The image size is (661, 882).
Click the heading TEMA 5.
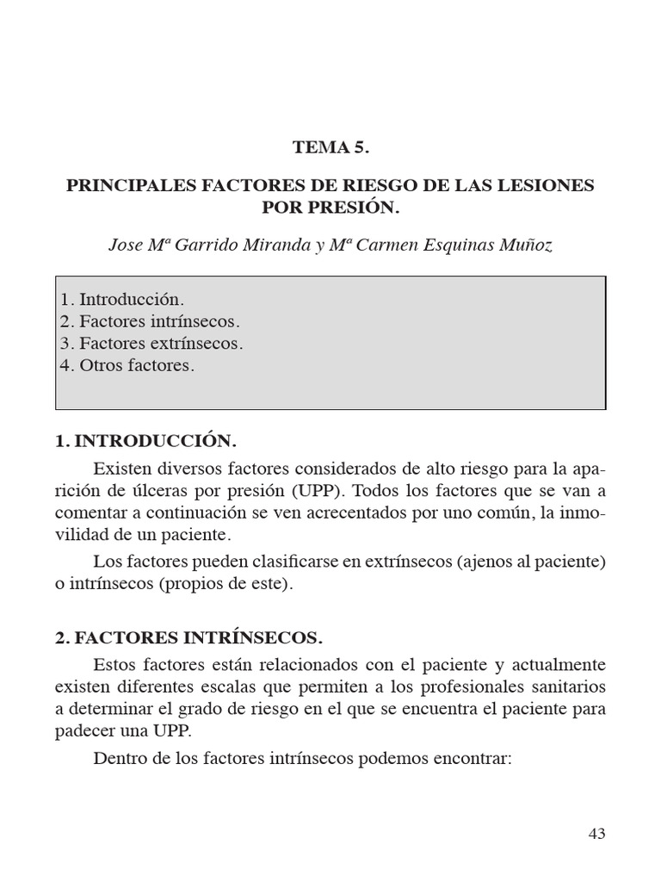tap(330, 148)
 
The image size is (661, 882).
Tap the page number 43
tap(597, 833)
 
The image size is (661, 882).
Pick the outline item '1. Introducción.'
tap(122, 300)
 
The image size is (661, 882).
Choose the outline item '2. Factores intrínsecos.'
tap(150, 321)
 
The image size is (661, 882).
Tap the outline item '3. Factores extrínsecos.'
tap(151, 343)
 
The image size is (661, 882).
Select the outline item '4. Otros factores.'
tap(127, 365)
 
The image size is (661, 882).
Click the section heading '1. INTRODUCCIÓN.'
tap(145, 441)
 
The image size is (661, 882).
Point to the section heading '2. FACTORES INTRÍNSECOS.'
tap(188, 638)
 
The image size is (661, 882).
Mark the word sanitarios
tap(563, 687)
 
